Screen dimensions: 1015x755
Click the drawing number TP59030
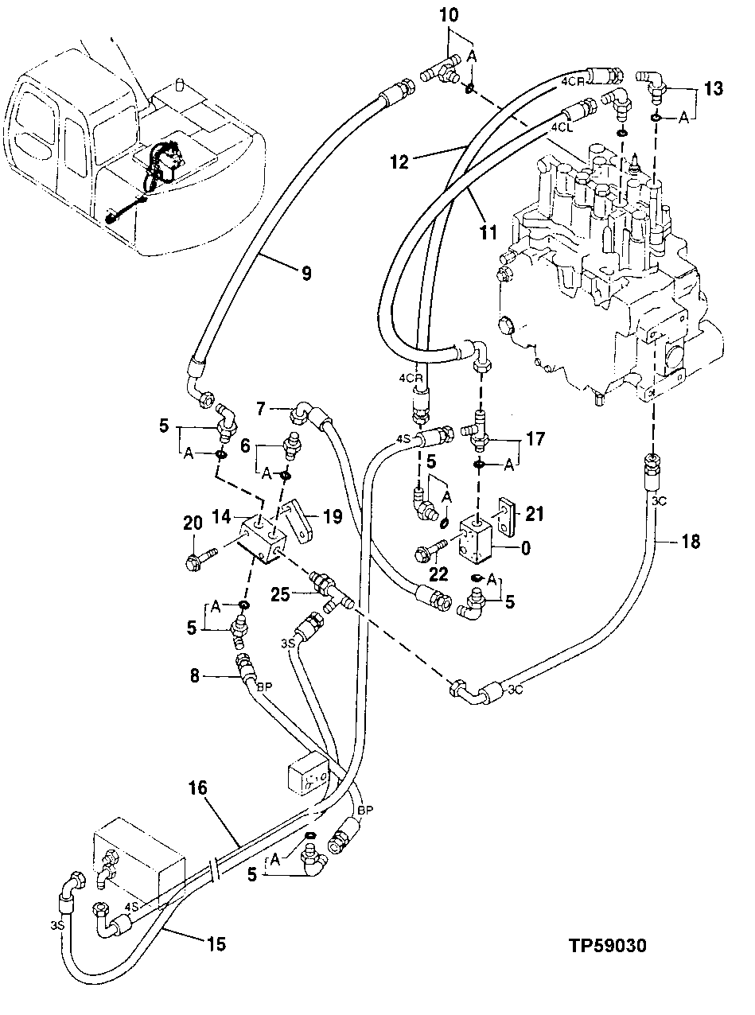607,947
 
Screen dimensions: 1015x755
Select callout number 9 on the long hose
305,273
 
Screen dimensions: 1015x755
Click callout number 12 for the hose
399,162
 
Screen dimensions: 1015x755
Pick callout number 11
488,233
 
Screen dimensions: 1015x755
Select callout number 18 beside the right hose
691,542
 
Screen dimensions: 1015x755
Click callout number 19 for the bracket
333,518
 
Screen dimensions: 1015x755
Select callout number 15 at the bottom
216,945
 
